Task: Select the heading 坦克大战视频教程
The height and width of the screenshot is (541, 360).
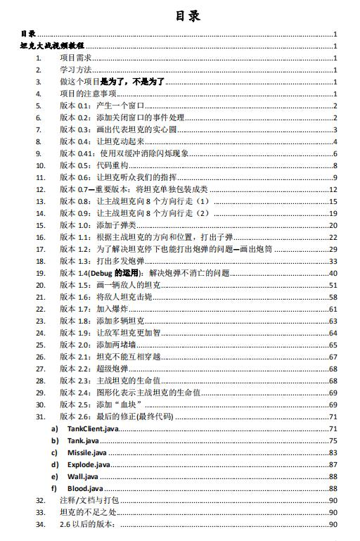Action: (53, 46)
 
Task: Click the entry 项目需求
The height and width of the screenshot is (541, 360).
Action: (77, 58)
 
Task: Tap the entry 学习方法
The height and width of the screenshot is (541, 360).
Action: (77, 70)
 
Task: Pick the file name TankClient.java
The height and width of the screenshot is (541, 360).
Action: (93, 428)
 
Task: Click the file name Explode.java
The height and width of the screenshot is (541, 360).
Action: (89, 464)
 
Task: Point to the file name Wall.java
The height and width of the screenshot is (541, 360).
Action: (82, 476)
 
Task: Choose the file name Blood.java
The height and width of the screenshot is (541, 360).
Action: (85, 488)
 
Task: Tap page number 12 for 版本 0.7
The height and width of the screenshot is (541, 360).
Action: (333, 189)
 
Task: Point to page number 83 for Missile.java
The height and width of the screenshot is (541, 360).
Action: (333, 452)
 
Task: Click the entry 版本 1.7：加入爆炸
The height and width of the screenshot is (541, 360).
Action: (94, 309)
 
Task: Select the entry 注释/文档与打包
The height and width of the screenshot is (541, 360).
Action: (89, 500)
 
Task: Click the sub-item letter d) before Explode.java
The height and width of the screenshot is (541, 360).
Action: (54, 464)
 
